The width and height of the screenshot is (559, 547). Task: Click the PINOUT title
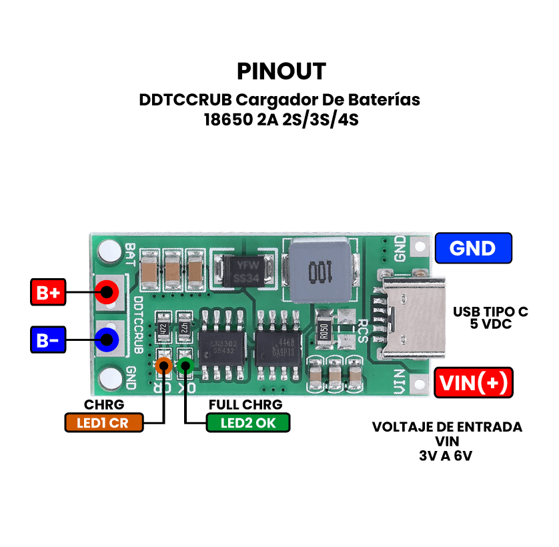tap(282, 71)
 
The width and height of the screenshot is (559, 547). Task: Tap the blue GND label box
tap(473, 248)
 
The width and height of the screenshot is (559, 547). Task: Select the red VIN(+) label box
tap(473, 383)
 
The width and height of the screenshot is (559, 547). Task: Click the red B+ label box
tap(48, 292)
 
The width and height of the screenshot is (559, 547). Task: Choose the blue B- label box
tap(48, 340)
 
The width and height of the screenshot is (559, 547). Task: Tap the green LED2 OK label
tap(247, 422)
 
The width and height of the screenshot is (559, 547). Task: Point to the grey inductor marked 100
tap(320, 271)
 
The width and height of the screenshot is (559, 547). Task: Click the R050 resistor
tap(324, 330)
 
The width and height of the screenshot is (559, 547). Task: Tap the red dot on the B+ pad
tap(106, 292)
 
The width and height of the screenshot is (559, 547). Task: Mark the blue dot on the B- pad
tap(106, 340)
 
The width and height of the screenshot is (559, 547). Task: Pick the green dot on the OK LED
tap(185, 366)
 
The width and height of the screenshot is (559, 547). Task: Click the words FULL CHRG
tap(245, 405)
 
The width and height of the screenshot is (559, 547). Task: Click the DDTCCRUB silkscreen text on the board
tap(138, 325)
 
